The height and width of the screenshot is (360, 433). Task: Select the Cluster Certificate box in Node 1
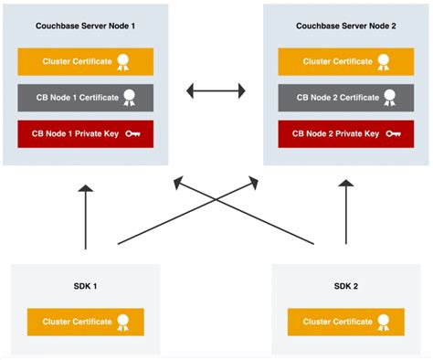(84, 62)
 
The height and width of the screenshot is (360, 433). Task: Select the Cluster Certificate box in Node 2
(344, 62)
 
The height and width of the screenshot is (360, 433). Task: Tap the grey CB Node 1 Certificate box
(84, 98)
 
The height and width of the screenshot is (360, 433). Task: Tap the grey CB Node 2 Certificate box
(344, 98)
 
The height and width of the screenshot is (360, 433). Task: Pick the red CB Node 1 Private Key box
(84, 133)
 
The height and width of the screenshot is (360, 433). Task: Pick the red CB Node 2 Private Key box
(344, 133)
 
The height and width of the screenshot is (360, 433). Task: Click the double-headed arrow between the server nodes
(216, 90)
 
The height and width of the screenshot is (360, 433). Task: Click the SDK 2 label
(346, 286)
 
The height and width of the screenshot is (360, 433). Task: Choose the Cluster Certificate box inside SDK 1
(84, 322)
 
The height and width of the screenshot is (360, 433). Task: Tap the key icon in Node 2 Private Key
(393, 133)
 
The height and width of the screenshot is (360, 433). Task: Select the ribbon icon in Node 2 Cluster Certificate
(385, 62)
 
